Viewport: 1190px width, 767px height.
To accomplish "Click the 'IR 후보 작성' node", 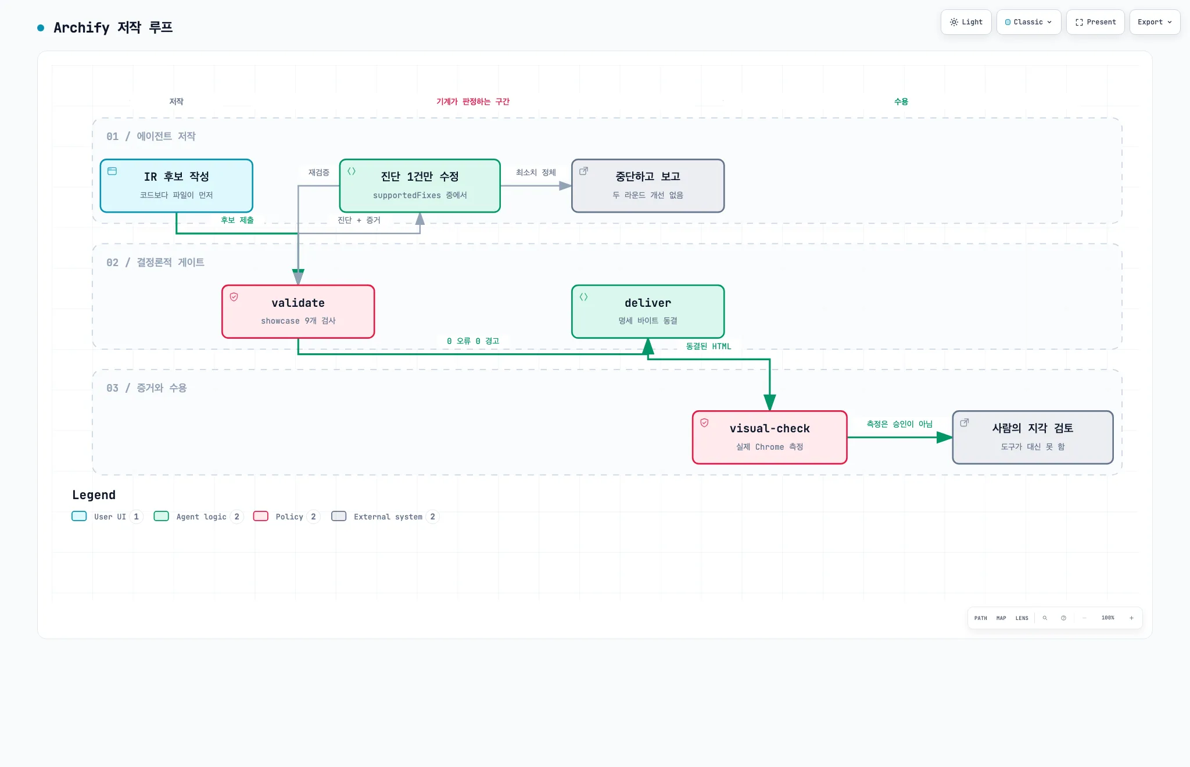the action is coord(177,186).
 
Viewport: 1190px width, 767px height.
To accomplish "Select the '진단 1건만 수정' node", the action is coord(420,186).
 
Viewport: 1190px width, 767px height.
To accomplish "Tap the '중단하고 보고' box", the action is coord(648,186).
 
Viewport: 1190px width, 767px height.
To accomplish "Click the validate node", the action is coord(298,311).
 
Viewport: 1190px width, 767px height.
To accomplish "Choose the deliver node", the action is coord(648,311).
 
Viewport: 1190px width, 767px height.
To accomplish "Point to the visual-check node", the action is coord(770,438).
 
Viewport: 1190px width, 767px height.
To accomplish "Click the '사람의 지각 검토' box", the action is coord(1033,438).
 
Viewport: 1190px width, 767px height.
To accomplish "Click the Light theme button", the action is coord(966,22).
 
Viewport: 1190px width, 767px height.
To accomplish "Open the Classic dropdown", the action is coord(1028,22).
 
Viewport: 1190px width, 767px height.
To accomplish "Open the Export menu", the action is coord(1155,22).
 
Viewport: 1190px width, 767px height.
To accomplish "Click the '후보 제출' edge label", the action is coord(237,220).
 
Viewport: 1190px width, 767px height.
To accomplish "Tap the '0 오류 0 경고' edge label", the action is coord(473,341).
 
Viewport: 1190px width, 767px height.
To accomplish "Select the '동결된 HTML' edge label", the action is coord(708,346).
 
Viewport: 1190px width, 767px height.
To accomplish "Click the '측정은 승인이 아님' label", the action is coord(899,424).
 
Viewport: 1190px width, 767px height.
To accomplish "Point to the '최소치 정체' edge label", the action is coord(536,173).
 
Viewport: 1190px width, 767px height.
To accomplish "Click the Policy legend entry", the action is coord(286,517).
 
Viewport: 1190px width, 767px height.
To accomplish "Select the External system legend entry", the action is coord(385,517).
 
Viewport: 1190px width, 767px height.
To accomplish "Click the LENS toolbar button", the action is coord(1021,618).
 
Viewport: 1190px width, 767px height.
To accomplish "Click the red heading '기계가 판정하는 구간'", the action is coord(473,102).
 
